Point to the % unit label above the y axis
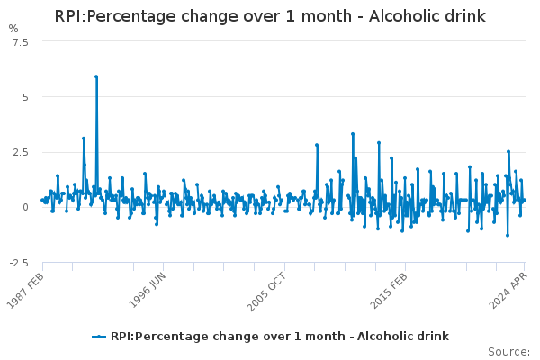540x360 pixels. coord(13,29)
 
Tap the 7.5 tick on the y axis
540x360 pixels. coord(19,42)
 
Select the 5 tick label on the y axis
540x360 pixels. coord(25,97)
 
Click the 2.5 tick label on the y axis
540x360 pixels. coord(19,152)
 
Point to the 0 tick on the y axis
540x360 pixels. coord(25,207)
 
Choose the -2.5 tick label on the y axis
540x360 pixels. coord(17,262)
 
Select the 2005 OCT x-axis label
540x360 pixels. coord(268,289)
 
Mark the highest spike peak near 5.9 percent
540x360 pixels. coord(95,76)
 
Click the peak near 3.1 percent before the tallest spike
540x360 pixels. coord(84,139)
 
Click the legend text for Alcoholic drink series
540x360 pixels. coord(279,337)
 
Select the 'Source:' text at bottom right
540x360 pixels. coord(508,351)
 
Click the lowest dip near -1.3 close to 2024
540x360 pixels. coord(507,236)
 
